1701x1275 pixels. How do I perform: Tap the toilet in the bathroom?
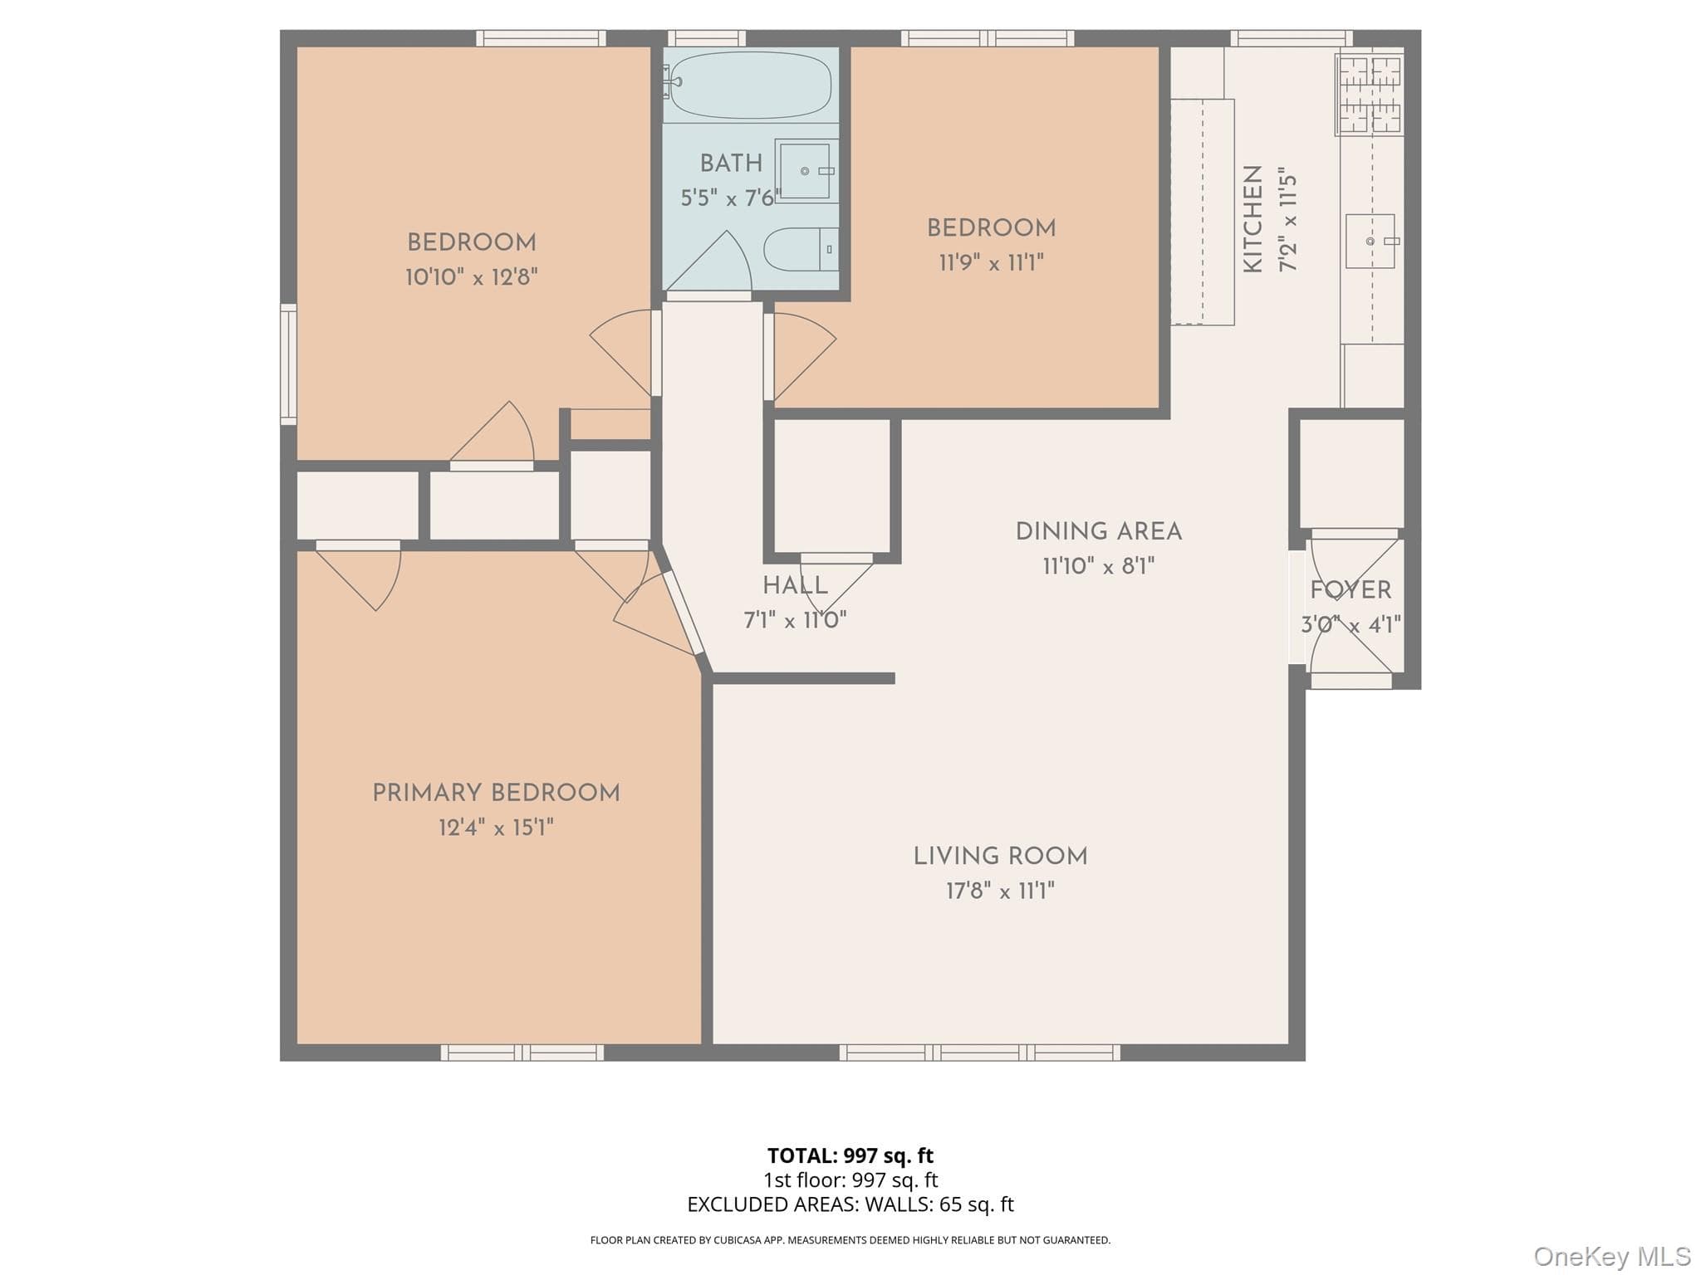pyautogui.click(x=801, y=249)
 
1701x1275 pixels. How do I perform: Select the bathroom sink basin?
pyautogui.click(x=805, y=171)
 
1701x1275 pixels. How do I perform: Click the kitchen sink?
pyautogui.click(x=1370, y=241)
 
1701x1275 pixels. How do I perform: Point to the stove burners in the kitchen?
pyautogui.click(x=1370, y=94)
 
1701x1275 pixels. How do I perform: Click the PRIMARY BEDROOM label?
pyautogui.click(x=496, y=794)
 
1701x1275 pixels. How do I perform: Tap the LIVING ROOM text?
pyautogui.click(x=1000, y=857)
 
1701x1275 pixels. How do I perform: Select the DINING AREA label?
pyautogui.click(x=1098, y=531)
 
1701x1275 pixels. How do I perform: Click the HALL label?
pyautogui.click(x=795, y=586)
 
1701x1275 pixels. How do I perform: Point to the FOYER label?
pyautogui.click(x=1351, y=591)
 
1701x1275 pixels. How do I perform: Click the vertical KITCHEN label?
pyautogui.click(x=1252, y=218)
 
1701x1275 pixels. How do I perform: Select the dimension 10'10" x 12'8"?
pyautogui.click(x=472, y=277)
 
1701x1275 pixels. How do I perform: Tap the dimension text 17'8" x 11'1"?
pyautogui.click(x=1000, y=892)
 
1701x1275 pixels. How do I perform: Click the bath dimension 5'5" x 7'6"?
pyautogui.click(x=731, y=198)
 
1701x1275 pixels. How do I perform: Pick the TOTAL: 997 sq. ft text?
pyautogui.click(x=850, y=1155)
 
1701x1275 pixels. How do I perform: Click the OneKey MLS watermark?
pyautogui.click(x=1612, y=1257)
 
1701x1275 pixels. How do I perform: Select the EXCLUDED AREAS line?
pyautogui.click(x=850, y=1204)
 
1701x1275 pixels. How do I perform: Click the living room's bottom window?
pyautogui.click(x=979, y=1053)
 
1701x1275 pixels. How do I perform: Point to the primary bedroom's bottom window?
pyautogui.click(x=522, y=1053)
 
